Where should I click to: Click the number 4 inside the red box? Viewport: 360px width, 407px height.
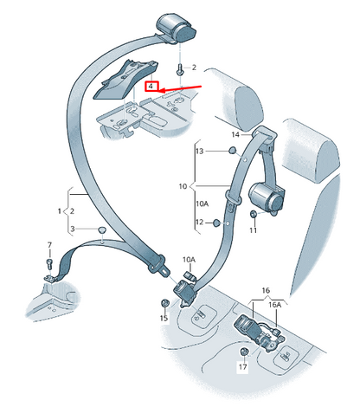(x=151, y=86)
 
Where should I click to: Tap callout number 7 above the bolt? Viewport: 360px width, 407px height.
(x=49, y=245)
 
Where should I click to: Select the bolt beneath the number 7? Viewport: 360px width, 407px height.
(x=49, y=264)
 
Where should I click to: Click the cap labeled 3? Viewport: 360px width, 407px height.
(x=102, y=230)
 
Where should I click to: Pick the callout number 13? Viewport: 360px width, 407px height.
(x=200, y=151)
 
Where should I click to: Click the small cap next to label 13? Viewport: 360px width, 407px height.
(x=232, y=151)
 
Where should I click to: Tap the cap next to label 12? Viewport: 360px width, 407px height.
(x=216, y=223)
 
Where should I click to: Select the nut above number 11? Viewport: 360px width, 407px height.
(x=254, y=214)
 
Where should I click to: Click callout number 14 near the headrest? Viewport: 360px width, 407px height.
(x=235, y=134)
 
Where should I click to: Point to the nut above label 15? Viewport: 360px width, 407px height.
(x=164, y=303)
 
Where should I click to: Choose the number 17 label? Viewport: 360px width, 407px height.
(x=243, y=366)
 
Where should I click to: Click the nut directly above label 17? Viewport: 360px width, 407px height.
(x=244, y=352)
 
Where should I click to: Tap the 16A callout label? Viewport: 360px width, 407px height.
(x=274, y=305)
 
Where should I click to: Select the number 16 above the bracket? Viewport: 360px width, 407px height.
(x=266, y=290)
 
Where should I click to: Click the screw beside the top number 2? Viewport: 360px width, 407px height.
(x=180, y=69)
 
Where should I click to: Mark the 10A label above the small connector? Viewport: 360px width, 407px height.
(x=189, y=260)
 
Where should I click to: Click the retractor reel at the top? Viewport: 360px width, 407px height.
(x=176, y=28)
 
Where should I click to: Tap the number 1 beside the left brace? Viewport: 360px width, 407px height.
(x=60, y=211)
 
